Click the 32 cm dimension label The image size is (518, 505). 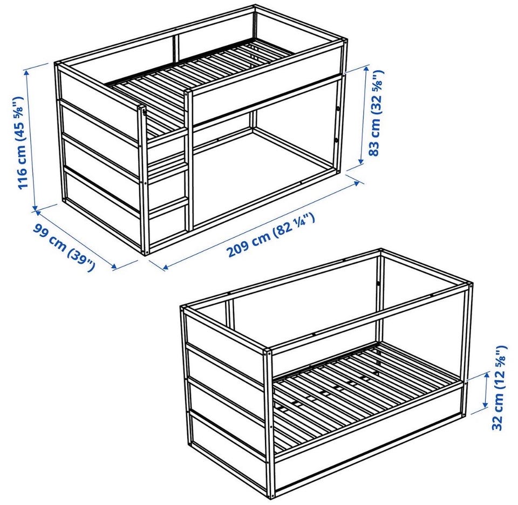(499, 387)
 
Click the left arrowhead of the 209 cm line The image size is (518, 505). (166, 267)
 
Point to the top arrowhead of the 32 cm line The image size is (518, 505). (487, 374)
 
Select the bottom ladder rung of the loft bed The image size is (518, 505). (169, 207)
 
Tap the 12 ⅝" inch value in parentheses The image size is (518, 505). (499, 365)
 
